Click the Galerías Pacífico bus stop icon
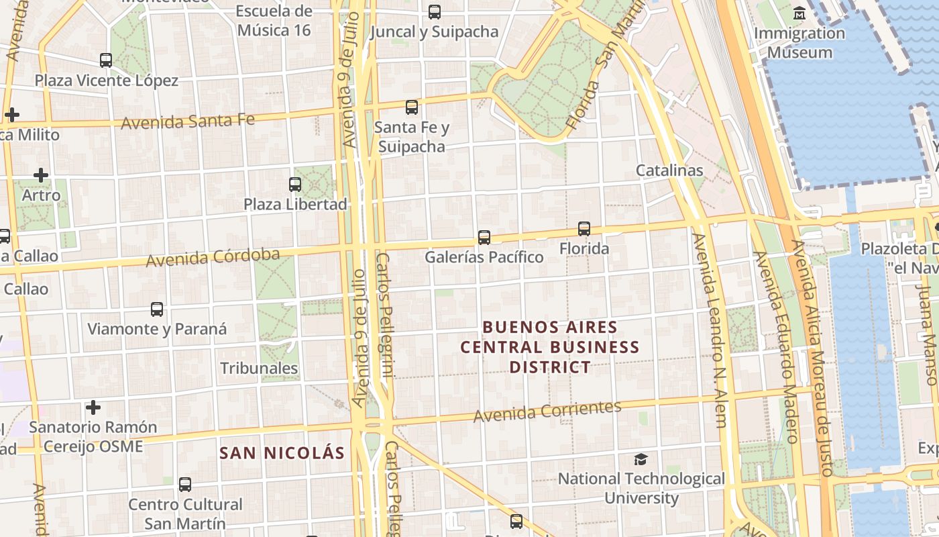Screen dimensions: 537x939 click(484, 237)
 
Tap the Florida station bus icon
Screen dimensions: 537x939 click(584, 229)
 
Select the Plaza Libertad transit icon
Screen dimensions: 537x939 click(295, 184)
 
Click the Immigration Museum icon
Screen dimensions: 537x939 click(799, 13)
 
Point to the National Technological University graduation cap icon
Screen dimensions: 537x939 click(641, 459)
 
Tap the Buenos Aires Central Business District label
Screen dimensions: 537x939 click(550, 347)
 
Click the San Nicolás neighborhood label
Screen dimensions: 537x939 click(282, 453)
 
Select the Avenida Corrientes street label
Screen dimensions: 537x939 click(547, 411)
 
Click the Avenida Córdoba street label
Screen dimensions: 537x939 click(213, 257)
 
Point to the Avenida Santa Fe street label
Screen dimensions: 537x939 click(188, 121)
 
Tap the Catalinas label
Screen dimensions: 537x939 click(669, 170)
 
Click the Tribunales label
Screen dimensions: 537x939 click(259, 368)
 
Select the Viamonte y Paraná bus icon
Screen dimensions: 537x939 click(157, 309)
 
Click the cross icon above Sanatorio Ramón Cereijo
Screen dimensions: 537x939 click(93, 407)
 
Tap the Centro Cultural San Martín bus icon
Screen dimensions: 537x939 click(185, 484)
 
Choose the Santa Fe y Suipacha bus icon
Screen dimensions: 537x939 click(412, 107)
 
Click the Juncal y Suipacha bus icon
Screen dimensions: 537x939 click(435, 11)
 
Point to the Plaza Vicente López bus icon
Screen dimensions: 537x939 click(106, 60)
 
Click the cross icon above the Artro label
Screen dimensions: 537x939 click(41, 175)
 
